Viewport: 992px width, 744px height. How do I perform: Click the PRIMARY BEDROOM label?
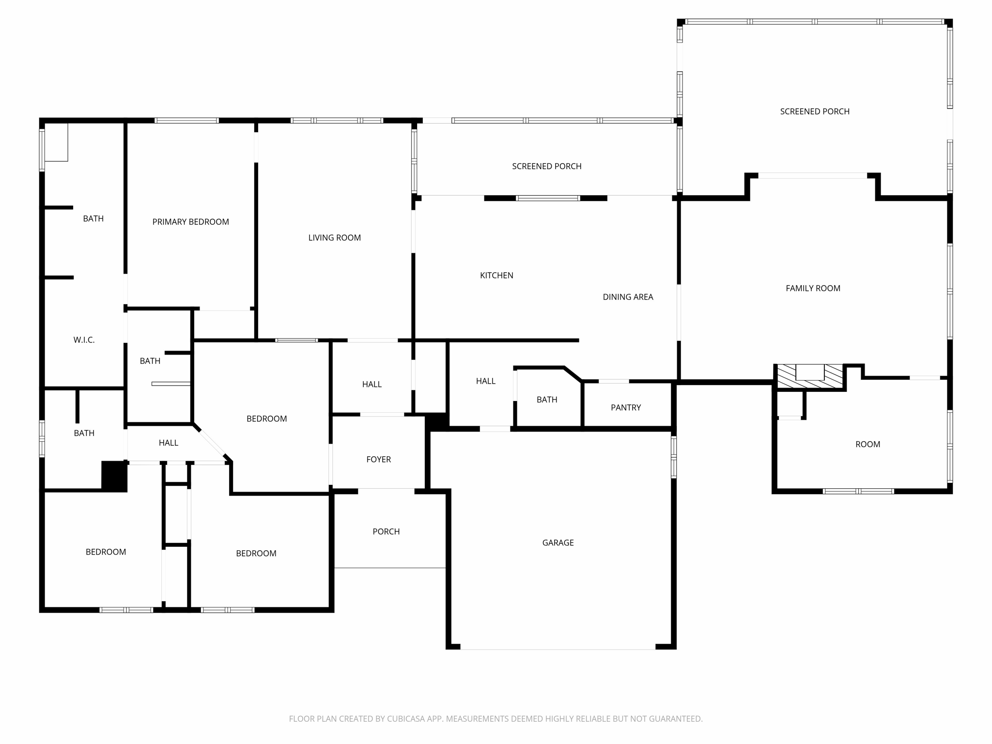point(190,222)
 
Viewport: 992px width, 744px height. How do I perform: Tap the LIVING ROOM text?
point(334,238)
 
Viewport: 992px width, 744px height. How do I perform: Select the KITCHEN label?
point(496,276)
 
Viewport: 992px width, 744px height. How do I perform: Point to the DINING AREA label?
point(628,297)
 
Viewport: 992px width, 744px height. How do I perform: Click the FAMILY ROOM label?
point(813,288)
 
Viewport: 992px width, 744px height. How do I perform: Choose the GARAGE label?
point(558,543)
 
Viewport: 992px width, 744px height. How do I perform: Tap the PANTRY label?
point(625,408)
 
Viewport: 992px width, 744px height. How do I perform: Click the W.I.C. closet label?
point(84,340)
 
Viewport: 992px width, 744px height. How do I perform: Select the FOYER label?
point(378,460)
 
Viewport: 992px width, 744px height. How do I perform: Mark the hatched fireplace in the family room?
point(810,377)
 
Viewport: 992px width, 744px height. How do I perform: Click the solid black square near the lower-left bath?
point(114,476)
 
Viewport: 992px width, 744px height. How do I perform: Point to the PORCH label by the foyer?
point(386,532)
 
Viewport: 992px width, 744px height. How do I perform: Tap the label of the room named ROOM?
point(868,444)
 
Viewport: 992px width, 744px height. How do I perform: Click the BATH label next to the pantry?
point(546,400)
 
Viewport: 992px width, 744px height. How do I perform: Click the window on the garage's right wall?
point(673,457)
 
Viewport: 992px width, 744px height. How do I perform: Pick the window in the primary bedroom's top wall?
point(186,121)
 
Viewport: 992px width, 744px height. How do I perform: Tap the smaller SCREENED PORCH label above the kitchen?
point(546,166)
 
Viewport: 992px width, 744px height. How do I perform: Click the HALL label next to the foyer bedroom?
point(372,385)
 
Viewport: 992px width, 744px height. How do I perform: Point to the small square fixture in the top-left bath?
point(56,142)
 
